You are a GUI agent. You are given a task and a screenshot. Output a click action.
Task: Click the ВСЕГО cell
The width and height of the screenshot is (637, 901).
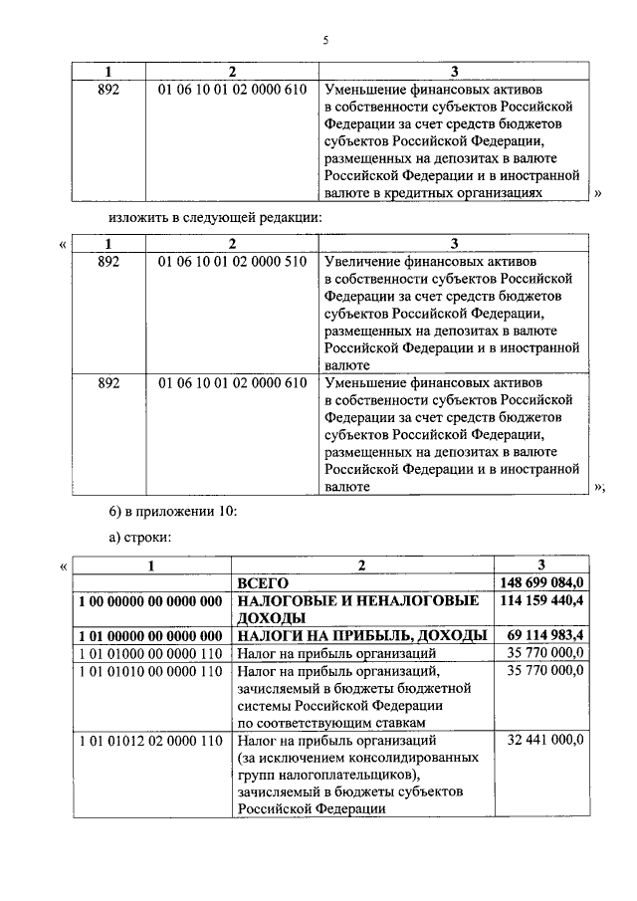261,582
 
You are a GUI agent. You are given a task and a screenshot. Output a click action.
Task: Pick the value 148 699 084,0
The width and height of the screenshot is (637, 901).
542,582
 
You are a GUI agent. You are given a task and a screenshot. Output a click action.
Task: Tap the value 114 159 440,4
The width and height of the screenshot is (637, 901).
542,600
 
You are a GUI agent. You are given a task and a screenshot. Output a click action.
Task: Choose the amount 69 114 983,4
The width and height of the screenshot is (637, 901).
546,635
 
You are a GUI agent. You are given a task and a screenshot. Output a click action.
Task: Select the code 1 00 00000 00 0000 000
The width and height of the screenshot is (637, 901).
149,600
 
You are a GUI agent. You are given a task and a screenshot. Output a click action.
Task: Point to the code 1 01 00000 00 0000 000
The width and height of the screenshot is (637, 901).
149,635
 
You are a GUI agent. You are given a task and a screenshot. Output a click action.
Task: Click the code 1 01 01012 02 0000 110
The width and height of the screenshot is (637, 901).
149,741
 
